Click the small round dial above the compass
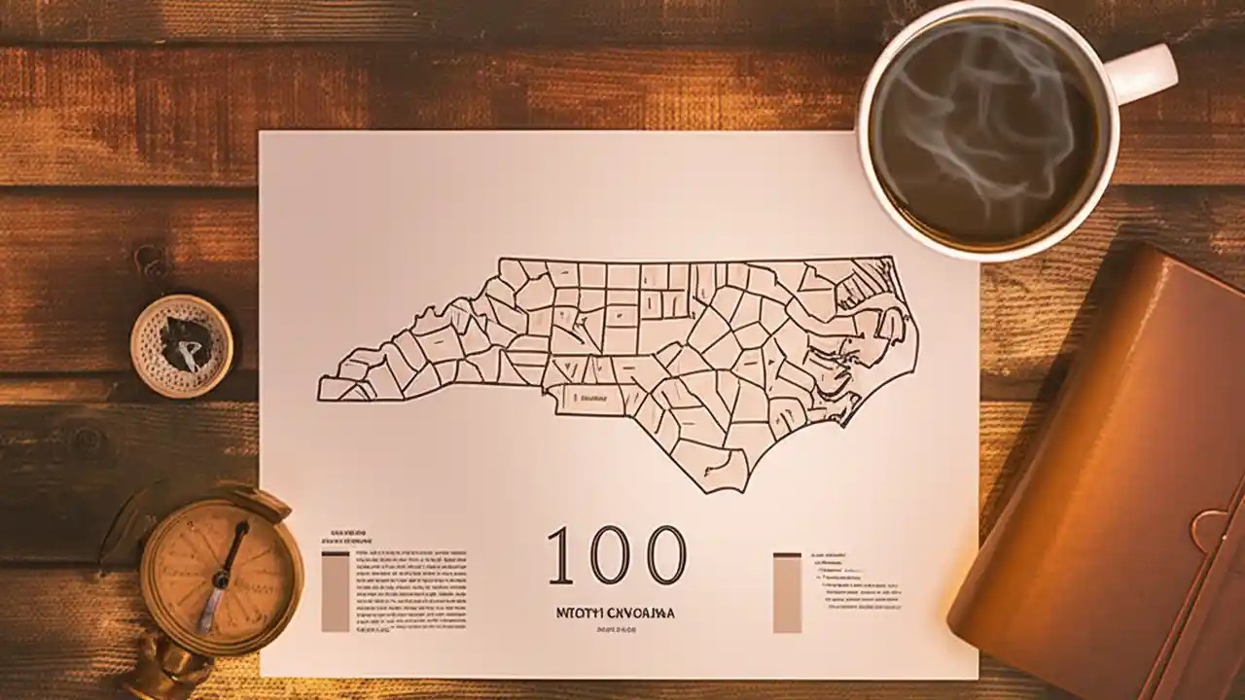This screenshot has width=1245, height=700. (x=182, y=345)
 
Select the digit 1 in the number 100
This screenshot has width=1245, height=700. (x=559, y=555)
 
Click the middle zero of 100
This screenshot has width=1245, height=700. (x=610, y=555)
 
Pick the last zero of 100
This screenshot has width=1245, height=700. (x=666, y=555)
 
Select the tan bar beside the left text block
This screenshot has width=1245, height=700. (x=335, y=592)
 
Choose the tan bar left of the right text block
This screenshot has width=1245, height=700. (x=787, y=593)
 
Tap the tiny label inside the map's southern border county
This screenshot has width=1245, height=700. (x=591, y=398)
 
